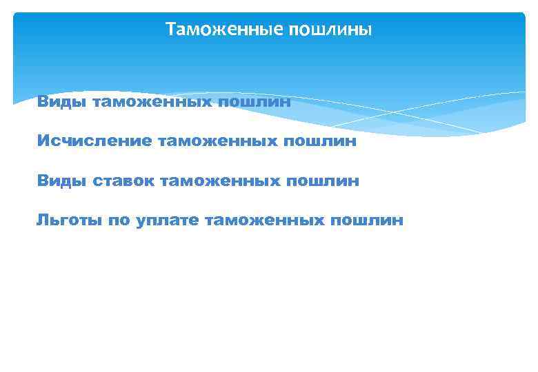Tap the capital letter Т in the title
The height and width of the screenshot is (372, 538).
tap(170, 30)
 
